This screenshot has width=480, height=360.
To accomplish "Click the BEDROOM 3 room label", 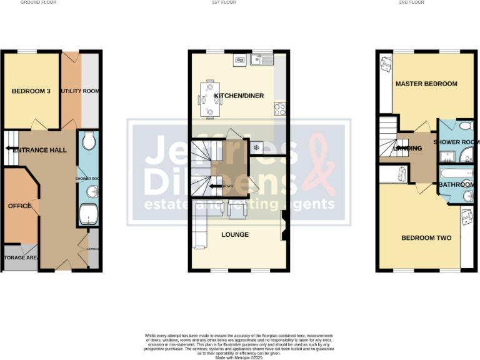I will [x=29, y=92].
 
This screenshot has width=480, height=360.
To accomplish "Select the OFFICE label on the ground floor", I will [x=19, y=206].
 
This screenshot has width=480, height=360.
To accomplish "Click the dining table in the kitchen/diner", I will [x=209, y=99].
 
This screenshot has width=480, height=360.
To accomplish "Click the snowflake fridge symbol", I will [x=256, y=147].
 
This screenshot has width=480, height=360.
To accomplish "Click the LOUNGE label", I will [x=235, y=235].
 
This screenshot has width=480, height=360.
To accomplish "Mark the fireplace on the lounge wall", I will [x=283, y=226].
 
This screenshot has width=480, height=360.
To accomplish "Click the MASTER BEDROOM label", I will [x=426, y=84].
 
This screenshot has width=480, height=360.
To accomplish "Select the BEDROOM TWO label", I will [x=422, y=238].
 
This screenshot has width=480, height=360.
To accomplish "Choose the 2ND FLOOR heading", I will [x=412, y=2].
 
